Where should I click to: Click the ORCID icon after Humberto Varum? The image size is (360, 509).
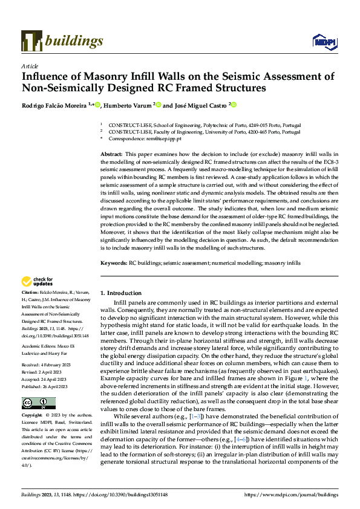tap(159, 105)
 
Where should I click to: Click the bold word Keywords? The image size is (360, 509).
tap(114, 263)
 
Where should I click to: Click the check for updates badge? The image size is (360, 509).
tap(37, 281)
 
